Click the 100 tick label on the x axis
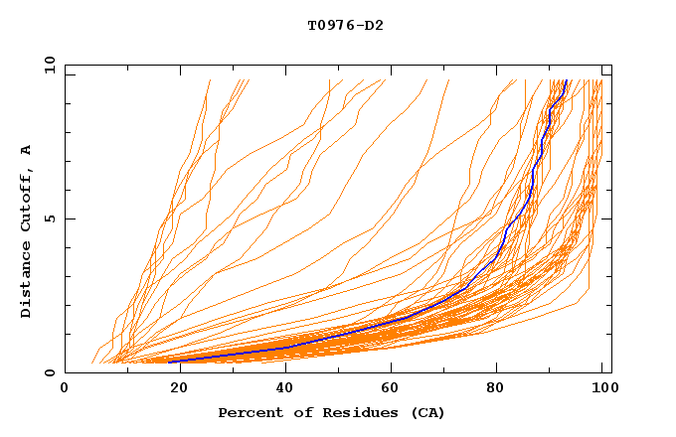tap(602, 389)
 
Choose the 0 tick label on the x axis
tap(66, 389)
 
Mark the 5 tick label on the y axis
tap(48, 218)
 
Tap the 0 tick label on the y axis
tap(48, 372)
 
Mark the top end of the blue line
tap(566, 80)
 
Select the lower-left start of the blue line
tap(170, 362)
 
